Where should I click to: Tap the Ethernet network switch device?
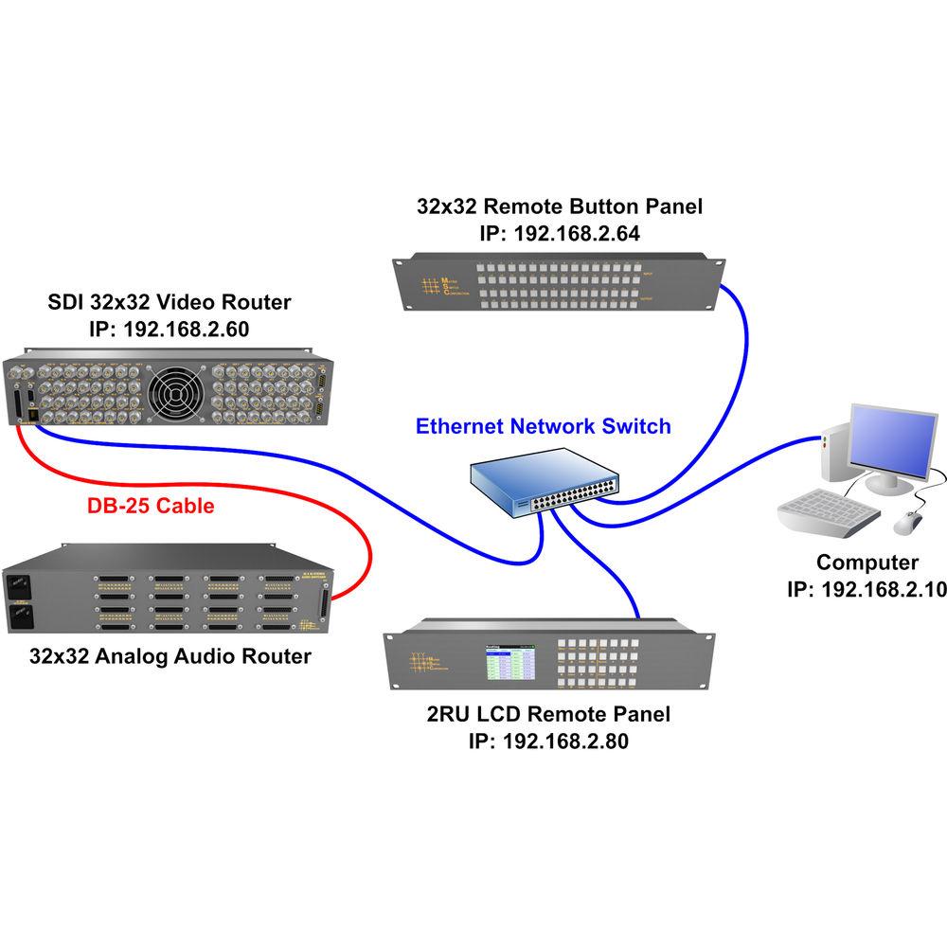point(545,483)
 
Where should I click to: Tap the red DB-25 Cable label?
point(151,506)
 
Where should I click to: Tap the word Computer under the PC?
point(867,563)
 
